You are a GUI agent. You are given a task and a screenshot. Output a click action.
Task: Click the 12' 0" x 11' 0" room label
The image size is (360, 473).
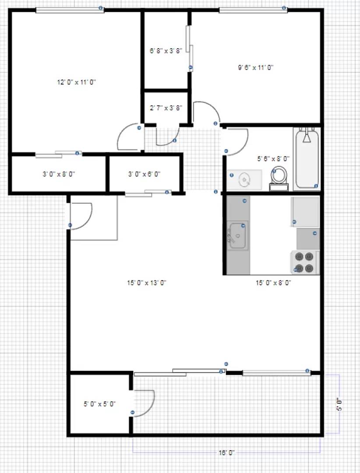tap(77, 82)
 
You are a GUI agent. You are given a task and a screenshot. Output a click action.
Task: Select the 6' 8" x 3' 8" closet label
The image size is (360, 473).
tap(166, 51)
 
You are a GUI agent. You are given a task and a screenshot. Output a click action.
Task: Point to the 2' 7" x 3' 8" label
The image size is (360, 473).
tap(166, 108)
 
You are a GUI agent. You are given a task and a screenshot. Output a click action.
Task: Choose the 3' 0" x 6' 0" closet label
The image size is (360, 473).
tap(144, 174)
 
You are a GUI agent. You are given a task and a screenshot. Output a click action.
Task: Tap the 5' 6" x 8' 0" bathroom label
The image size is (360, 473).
tap(273, 159)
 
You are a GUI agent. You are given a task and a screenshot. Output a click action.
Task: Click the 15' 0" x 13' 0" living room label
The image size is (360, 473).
tap(147, 282)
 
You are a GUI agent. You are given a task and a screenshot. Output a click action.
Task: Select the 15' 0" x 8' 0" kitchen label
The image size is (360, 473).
tap(273, 283)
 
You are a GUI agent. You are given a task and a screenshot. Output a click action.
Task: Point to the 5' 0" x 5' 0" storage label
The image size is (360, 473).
tap(99, 404)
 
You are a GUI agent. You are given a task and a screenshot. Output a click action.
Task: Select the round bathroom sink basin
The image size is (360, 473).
tap(244, 179)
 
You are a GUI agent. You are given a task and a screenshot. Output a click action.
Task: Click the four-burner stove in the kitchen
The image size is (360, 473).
tap(305, 262)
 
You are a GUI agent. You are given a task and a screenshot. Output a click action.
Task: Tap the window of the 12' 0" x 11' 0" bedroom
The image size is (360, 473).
tap(70, 10)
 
